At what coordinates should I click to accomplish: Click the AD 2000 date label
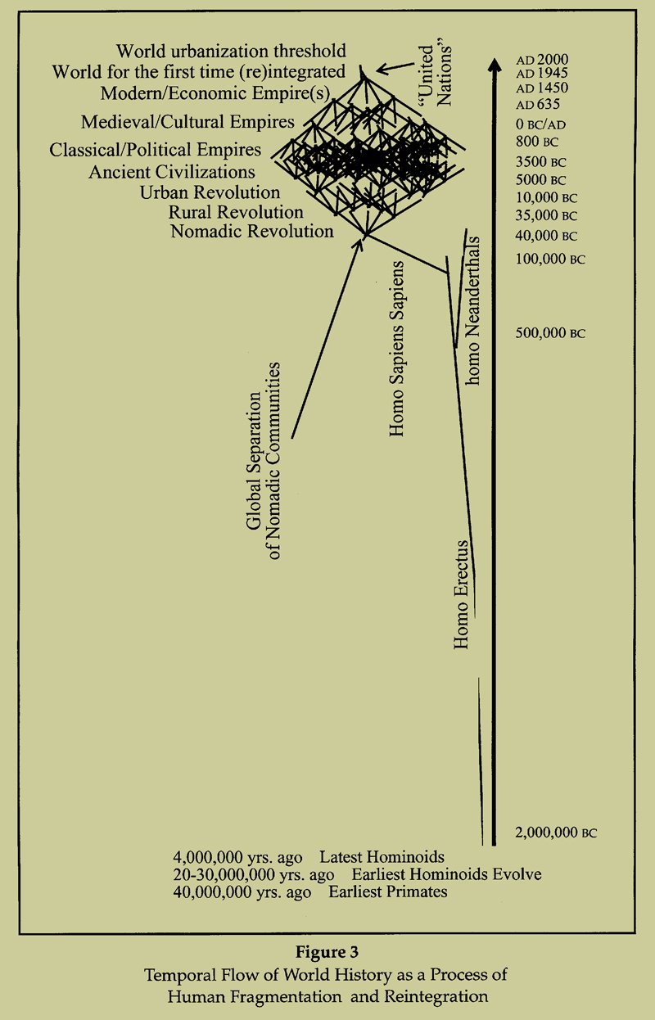click(x=542, y=60)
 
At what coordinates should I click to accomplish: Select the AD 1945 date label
click(x=542, y=74)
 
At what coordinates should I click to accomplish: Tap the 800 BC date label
click(x=537, y=142)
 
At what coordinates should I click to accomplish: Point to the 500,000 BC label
click(x=550, y=333)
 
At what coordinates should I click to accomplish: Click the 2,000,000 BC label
click(x=556, y=833)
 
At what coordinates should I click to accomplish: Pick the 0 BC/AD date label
click(x=540, y=124)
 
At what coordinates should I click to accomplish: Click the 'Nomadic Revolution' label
click(x=252, y=232)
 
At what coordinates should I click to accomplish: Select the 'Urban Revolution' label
click(x=210, y=192)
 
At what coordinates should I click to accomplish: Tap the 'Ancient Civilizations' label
click(x=172, y=172)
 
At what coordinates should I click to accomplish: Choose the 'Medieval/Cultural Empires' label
click(x=187, y=122)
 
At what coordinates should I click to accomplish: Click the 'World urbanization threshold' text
click(x=231, y=51)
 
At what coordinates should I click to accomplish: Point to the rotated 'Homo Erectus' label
click(x=462, y=594)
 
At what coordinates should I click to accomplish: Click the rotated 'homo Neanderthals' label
click(x=472, y=310)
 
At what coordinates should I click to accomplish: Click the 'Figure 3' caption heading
click(x=327, y=952)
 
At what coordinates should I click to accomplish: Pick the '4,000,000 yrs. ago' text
click(x=237, y=857)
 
